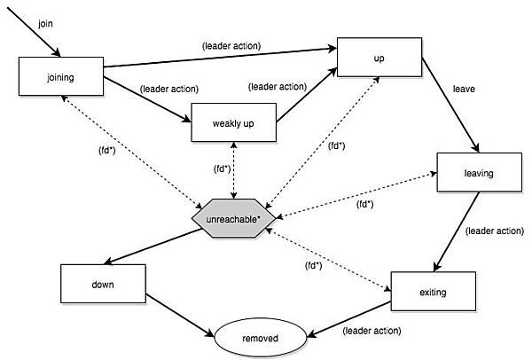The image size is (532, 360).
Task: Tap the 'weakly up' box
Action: (x=233, y=122)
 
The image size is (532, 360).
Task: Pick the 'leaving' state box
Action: (x=476, y=172)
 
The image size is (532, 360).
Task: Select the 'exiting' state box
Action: (x=432, y=290)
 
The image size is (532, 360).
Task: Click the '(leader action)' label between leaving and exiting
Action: (x=493, y=231)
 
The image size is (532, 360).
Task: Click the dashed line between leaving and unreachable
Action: (x=355, y=195)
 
